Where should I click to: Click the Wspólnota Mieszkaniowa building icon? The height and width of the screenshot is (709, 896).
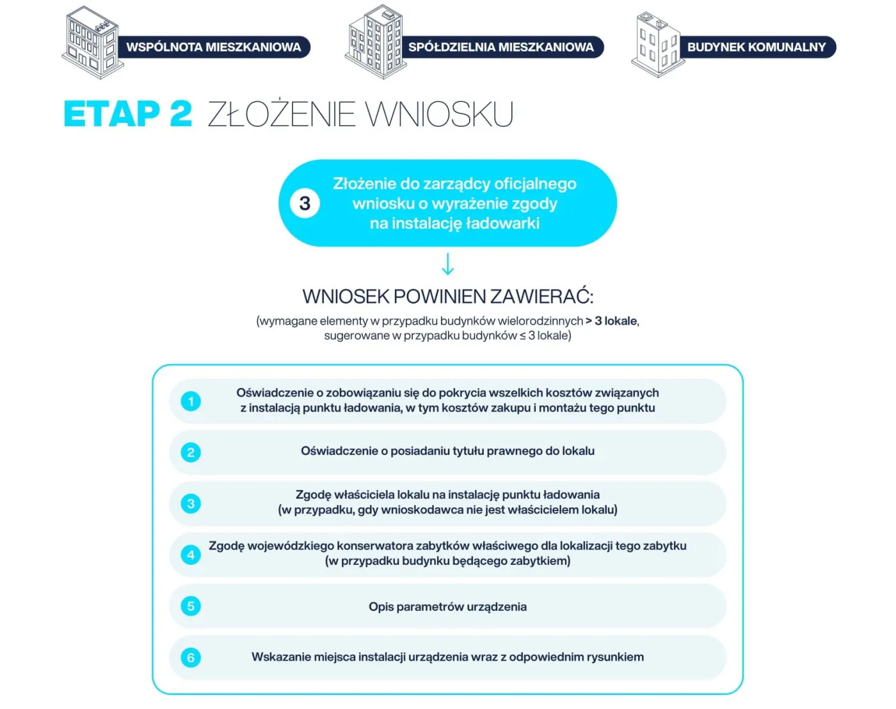pyautogui.click(x=92, y=42)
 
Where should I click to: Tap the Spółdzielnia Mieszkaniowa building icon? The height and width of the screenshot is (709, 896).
pyautogui.click(x=376, y=42)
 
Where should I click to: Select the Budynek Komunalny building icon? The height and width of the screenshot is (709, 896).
pyautogui.click(x=658, y=44)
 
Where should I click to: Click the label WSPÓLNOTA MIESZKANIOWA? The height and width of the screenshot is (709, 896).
pyautogui.click(x=214, y=47)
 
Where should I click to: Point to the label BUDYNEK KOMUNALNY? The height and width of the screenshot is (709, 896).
pyautogui.click(x=756, y=47)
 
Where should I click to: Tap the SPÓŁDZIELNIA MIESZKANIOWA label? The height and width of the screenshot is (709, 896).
pyautogui.click(x=501, y=47)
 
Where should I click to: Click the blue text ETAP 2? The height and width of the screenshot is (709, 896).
pyautogui.click(x=128, y=113)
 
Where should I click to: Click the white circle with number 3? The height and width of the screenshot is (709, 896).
pyautogui.click(x=305, y=204)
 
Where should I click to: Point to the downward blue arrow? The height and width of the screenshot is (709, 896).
pyautogui.click(x=447, y=264)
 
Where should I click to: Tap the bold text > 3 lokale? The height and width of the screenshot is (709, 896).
pyautogui.click(x=611, y=321)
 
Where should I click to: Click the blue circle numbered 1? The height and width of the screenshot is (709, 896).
pyautogui.click(x=191, y=401)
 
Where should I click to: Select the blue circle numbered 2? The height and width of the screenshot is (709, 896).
pyautogui.click(x=191, y=452)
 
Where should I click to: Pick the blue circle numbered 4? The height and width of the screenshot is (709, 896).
pyautogui.click(x=191, y=555)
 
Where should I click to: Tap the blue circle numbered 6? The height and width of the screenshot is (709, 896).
pyautogui.click(x=191, y=658)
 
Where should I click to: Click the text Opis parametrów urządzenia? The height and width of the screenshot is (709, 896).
pyautogui.click(x=447, y=607)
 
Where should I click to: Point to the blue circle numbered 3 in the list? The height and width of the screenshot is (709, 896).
pyautogui.click(x=191, y=503)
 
